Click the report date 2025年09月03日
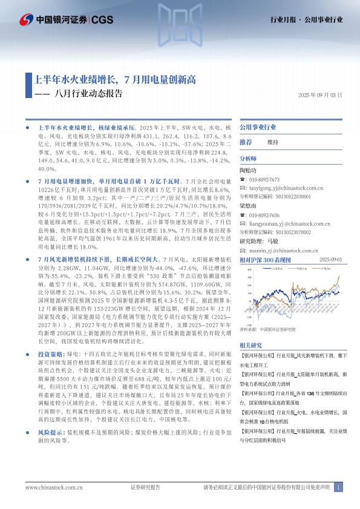coord(320,96)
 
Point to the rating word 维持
coord(272,142)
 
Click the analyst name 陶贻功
coord(248,171)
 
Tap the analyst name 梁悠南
coord(248,205)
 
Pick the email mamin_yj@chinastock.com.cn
coord(282,249)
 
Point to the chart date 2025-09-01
coord(330,259)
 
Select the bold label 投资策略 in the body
coord(50,353)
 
